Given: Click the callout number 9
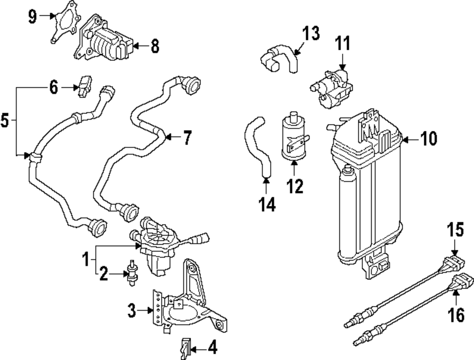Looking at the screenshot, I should pos(32,16).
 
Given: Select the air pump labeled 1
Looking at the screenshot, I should pos(156,247).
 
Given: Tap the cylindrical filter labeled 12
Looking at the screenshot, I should pos(293,135).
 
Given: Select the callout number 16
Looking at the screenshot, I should pos(458,314).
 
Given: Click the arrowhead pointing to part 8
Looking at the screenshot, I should pos(135,46).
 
